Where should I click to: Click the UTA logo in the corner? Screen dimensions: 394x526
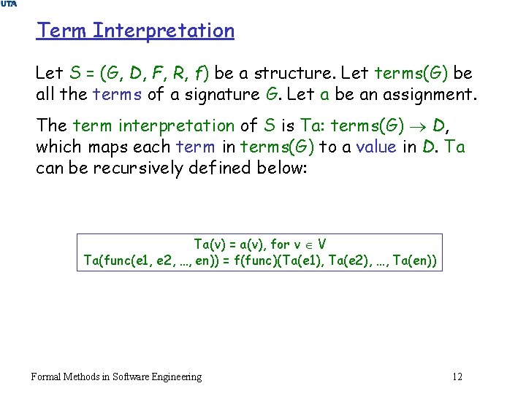(8, 4)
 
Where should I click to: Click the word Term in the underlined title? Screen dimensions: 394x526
(62, 31)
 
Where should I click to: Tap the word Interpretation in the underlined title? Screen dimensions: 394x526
(164, 31)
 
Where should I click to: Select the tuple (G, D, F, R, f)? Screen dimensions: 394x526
(153, 74)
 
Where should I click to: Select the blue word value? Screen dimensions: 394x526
(377, 147)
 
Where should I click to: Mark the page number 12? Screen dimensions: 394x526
(457, 376)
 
